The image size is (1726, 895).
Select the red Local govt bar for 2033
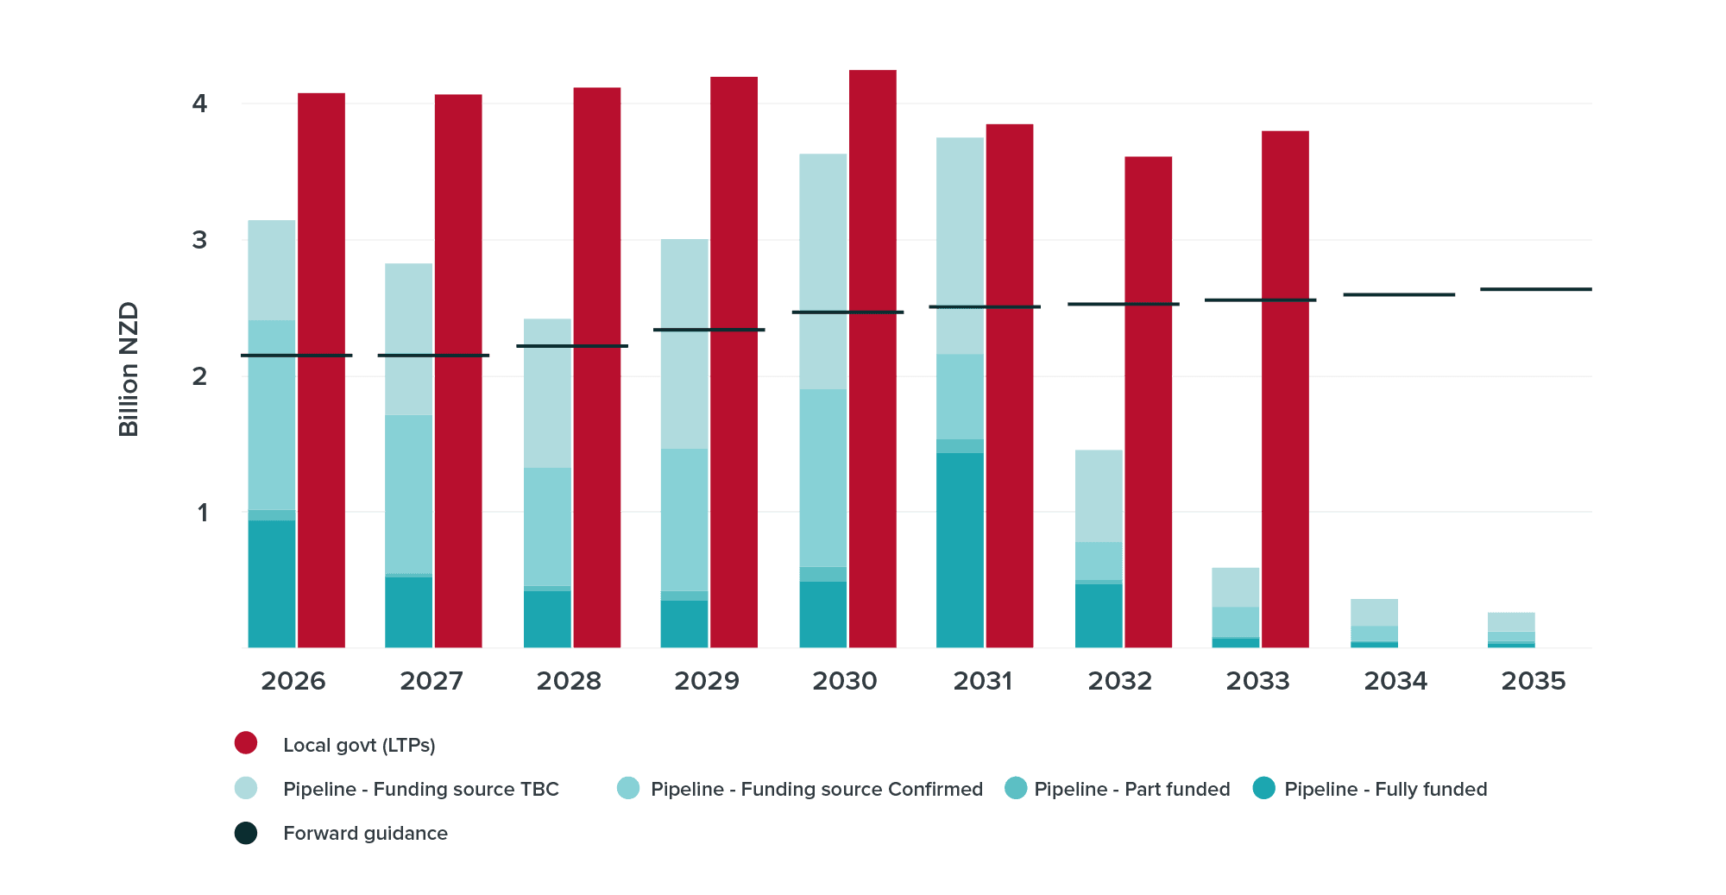[1285, 388]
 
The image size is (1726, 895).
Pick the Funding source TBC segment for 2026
[272, 269]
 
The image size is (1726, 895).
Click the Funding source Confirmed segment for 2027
[408, 494]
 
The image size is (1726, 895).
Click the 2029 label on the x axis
[706, 681]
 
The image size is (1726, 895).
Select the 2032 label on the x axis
[1119, 681]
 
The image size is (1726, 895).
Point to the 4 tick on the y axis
[200, 104]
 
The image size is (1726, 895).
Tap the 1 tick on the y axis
[202, 513]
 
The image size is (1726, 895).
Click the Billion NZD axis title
[129, 369]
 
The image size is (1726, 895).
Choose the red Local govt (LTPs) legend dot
[246, 743]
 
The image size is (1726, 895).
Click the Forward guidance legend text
[365, 834]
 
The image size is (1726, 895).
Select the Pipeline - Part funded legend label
[1131, 789]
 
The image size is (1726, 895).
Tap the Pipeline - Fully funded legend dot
[1263, 788]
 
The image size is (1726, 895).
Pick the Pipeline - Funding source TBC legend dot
[246, 788]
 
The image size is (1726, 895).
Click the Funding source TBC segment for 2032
[1099, 495]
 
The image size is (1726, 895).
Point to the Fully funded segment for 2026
[272, 583]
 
